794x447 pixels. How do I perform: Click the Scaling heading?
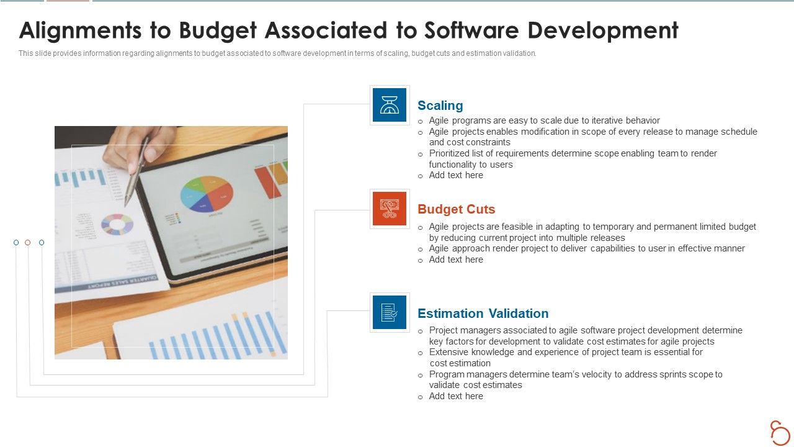coord(440,106)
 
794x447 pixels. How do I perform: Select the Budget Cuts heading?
coord(456,209)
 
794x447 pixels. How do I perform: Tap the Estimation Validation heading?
coord(483,314)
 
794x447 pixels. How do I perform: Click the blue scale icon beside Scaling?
coord(390,105)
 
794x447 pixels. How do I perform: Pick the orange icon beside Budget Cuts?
coord(390,209)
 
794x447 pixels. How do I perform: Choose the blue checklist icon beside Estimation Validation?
coord(390,312)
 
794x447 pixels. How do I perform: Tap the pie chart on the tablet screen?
coord(207,194)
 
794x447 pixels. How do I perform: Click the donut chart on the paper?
coord(117,224)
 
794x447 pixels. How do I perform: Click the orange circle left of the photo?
coord(28,243)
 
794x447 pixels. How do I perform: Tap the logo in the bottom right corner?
coord(779,432)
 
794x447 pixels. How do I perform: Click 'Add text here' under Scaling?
coord(456,176)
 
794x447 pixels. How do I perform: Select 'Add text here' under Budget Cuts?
coord(456,260)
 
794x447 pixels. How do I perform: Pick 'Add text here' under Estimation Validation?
coord(456,396)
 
